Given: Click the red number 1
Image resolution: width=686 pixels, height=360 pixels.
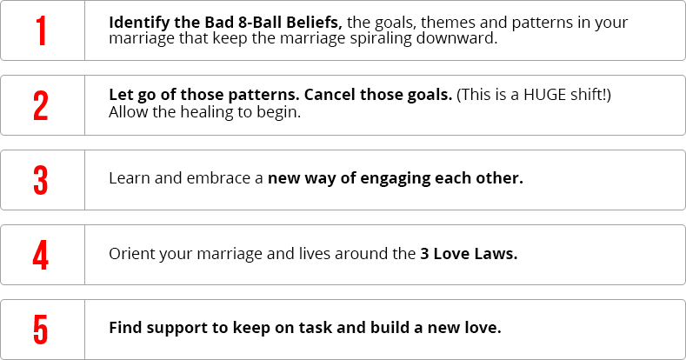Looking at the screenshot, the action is pos(41,30).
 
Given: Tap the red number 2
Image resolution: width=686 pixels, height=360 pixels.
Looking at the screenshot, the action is pos(41,105).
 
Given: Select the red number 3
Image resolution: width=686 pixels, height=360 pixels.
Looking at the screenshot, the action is pos(41,180).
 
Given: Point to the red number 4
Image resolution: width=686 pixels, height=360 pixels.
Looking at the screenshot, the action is pos(41,255).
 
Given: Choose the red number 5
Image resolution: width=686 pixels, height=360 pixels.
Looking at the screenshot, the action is pos(41,330).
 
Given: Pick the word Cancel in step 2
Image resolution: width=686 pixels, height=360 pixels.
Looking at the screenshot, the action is pos(330,95).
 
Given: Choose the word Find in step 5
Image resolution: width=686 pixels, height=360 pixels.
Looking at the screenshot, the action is pos(125,328).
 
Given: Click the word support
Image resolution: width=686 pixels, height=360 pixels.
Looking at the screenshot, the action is pos(176,329).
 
